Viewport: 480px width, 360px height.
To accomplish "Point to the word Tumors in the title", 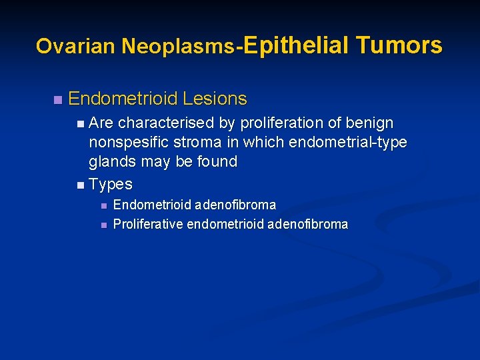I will (399, 45).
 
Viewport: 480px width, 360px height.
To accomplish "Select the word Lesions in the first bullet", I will (215, 99).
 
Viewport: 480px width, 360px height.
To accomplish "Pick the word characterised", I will (177, 123).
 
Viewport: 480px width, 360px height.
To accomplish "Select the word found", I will (217, 162).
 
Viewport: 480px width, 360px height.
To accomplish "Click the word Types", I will (111, 184).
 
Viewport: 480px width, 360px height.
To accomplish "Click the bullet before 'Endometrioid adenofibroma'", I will (103, 205).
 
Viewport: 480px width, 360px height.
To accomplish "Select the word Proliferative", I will (148, 225).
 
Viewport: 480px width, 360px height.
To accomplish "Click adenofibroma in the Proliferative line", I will (307, 225).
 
